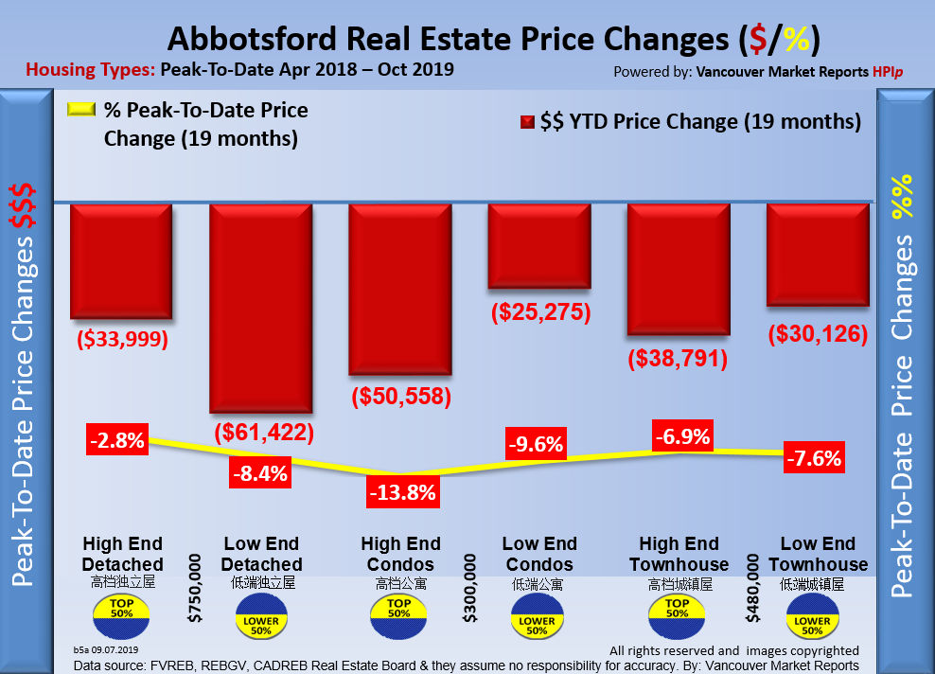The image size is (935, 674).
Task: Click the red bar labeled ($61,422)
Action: click(260, 309)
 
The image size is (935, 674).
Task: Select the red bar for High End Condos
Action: click(399, 289)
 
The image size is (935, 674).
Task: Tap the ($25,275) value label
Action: click(540, 312)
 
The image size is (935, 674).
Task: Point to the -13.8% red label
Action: click(401, 491)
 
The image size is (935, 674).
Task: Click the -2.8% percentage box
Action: click(117, 440)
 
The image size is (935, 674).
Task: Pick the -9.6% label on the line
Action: click(535, 442)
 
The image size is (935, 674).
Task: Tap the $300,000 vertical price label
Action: click(470, 588)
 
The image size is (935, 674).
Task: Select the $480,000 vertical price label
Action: click(753, 588)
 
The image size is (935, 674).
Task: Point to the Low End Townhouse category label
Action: click(818, 554)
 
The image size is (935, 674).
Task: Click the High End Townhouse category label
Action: click(679, 554)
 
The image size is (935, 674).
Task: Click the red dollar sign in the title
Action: click(755, 41)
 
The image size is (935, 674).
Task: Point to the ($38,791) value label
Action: click(679, 359)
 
